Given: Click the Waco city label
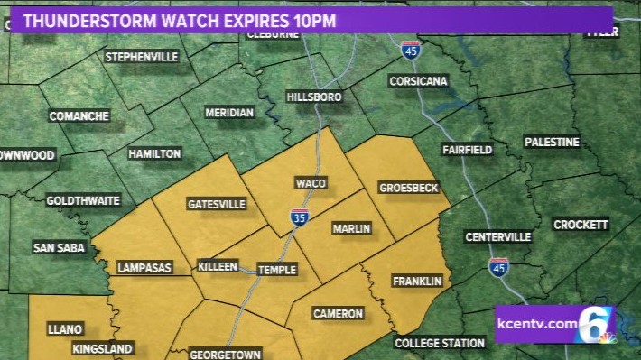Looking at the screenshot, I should click(x=304, y=183).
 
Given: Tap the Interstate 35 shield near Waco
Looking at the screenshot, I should click(x=297, y=217).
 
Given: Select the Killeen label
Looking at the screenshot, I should click(x=218, y=267).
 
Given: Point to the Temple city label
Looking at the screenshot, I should click(x=276, y=270).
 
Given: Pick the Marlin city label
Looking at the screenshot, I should click(x=351, y=229).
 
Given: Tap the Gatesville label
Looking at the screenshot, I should click(x=216, y=204).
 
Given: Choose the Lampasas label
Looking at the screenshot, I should click(x=145, y=268).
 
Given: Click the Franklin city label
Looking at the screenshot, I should click(x=417, y=282).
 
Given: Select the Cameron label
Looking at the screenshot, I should click(x=338, y=314).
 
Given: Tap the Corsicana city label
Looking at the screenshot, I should click(x=418, y=81).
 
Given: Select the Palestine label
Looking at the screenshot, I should click(x=552, y=142).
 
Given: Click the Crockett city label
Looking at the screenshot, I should click(x=581, y=225).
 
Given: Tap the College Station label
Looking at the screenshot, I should click(x=439, y=344).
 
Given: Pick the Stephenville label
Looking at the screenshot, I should click(x=142, y=57).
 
